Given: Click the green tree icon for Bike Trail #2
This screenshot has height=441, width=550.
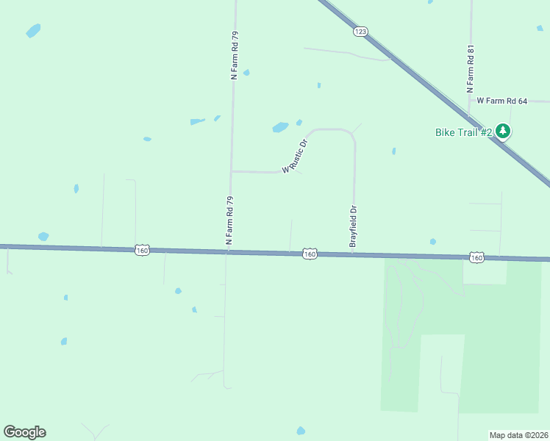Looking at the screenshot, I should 503,132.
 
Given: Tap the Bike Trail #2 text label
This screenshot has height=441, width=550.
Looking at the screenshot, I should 463,132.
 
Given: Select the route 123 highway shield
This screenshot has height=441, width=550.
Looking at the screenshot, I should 360,32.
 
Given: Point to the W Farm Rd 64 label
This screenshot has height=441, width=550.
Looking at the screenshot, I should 502,101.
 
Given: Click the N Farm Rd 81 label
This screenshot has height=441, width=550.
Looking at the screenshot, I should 471,68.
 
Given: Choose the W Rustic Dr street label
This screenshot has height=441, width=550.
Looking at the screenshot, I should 293,156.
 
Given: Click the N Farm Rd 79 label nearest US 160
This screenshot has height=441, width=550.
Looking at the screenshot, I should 229,220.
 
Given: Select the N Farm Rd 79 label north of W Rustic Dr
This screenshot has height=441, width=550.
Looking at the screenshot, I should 235,55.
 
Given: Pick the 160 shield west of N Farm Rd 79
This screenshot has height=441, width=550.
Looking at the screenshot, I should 143,251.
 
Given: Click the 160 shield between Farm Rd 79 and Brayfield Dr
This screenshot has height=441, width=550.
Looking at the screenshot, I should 310,254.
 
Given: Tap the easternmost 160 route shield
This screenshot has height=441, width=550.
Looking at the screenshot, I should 477,257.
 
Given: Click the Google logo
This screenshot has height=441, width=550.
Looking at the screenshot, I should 24,432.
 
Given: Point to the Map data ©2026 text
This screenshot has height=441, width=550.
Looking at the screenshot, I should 518,435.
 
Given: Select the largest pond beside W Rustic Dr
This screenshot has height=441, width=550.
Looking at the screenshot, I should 280,127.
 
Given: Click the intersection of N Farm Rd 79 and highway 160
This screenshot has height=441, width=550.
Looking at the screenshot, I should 228,251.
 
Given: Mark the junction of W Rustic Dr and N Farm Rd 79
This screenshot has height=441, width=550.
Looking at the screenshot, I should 232,171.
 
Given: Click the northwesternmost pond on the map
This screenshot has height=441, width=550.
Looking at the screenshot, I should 33,31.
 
